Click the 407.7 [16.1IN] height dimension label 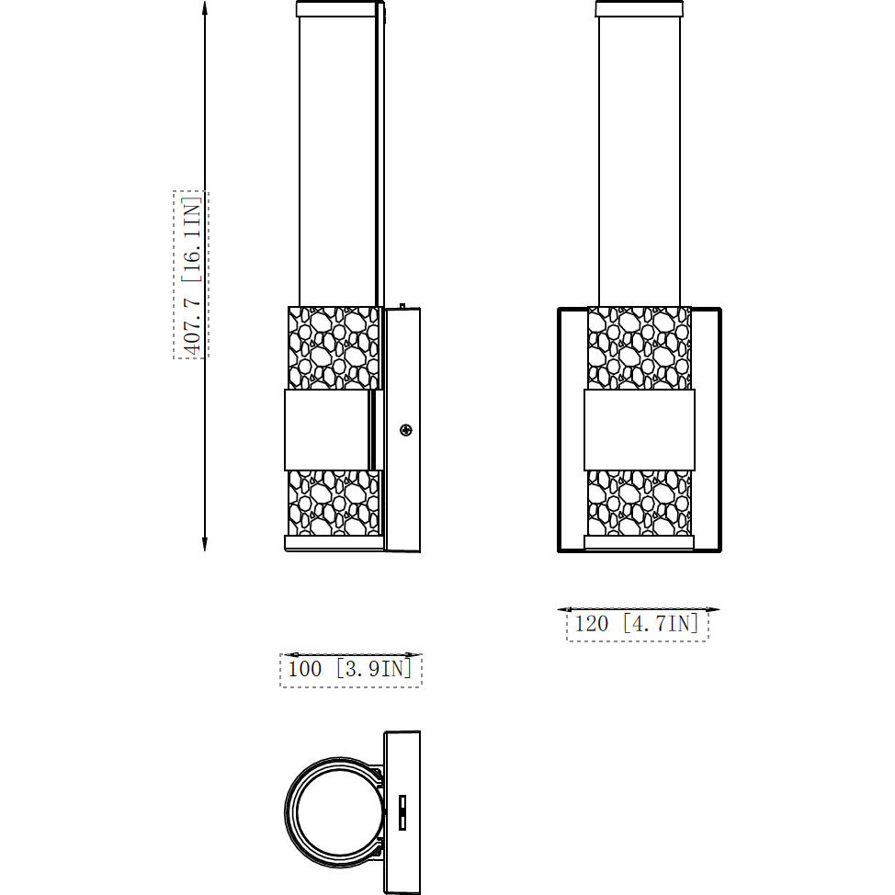[x=191, y=274]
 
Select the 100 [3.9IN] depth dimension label [x=350, y=669]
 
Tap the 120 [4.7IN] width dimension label [x=637, y=624]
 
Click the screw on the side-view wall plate [x=406, y=429]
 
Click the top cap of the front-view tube [x=639, y=10]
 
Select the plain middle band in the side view [x=328, y=430]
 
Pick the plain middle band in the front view [x=639, y=430]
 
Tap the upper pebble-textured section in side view [x=334, y=347]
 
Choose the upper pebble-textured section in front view [x=639, y=347]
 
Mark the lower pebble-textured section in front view [x=639, y=503]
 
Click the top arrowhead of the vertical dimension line [x=204, y=9]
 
